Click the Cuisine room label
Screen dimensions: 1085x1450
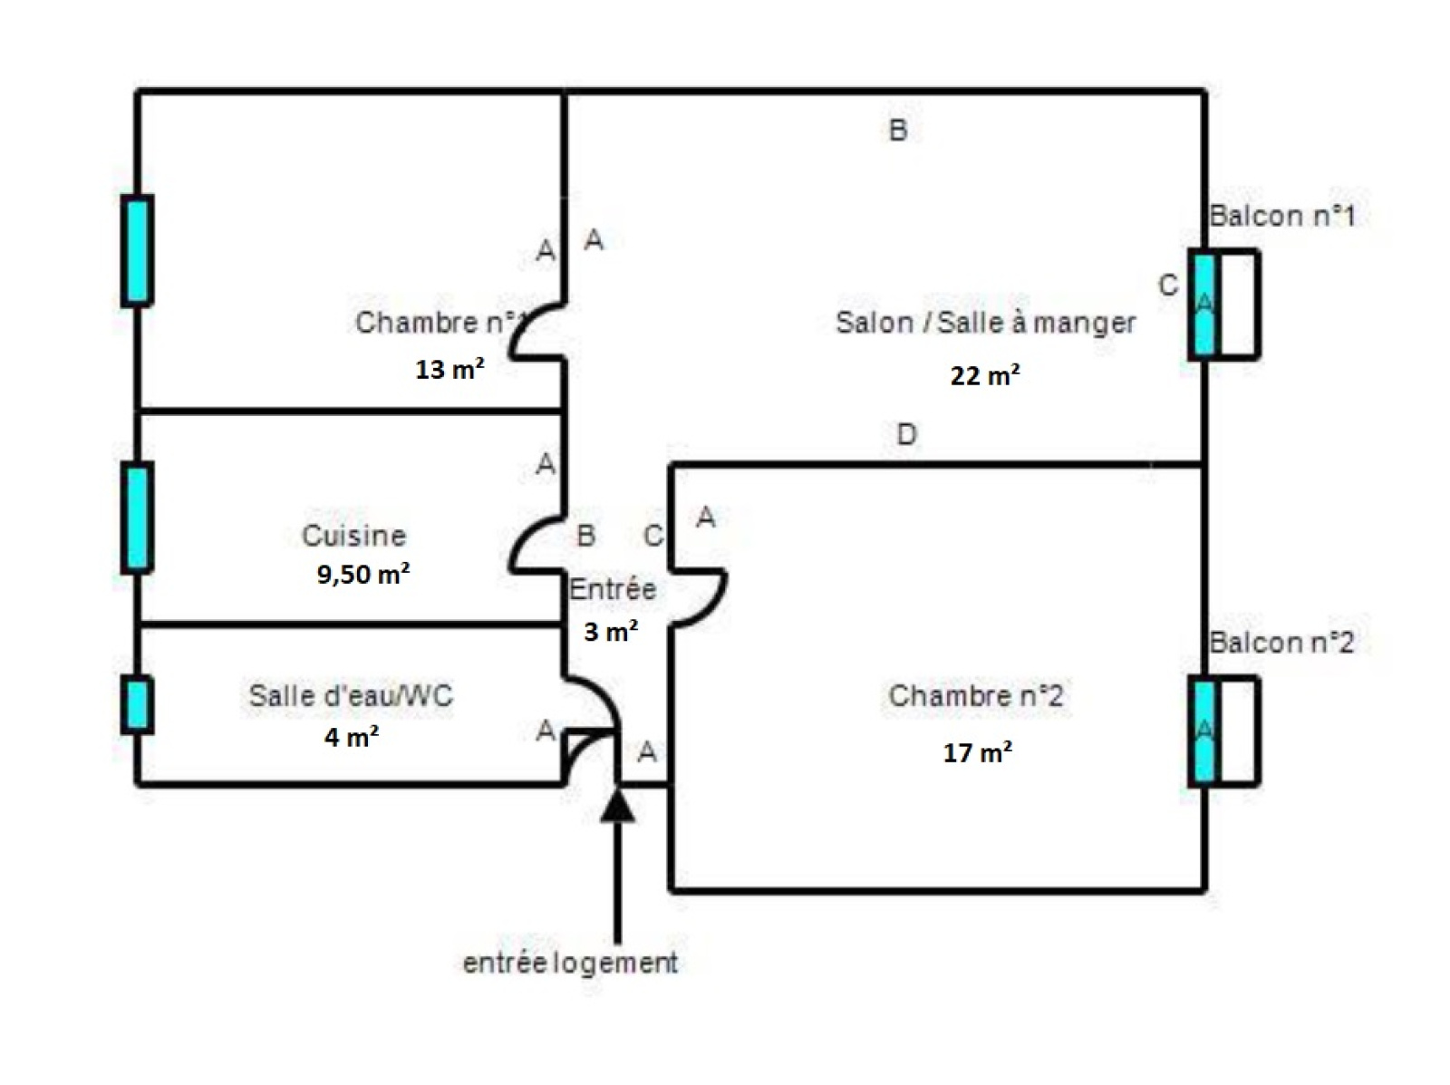(353, 536)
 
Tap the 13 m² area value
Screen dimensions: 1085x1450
(449, 369)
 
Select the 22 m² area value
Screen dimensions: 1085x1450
(985, 374)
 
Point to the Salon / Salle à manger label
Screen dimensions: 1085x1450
(985, 323)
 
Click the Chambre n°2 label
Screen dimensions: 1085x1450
(976, 696)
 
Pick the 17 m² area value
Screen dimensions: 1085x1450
(977, 752)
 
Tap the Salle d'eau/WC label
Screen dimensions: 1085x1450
(351, 696)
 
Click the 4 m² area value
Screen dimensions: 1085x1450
(352, 737)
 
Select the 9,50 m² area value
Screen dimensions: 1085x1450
(362, 574)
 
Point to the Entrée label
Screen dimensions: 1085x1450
(613, 589)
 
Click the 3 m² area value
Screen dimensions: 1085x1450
(611, 631)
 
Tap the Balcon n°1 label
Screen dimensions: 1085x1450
(1281, 217)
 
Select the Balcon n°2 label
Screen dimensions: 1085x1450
(1281, 643)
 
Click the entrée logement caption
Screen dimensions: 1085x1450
(570, 963)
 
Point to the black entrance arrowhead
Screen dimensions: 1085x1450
(618, 806)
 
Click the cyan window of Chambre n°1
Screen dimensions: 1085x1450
(137, 250)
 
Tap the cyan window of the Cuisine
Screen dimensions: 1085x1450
(137, 517)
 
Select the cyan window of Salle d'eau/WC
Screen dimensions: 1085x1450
(137, 704)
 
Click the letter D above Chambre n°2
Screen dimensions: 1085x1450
(906, 435)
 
